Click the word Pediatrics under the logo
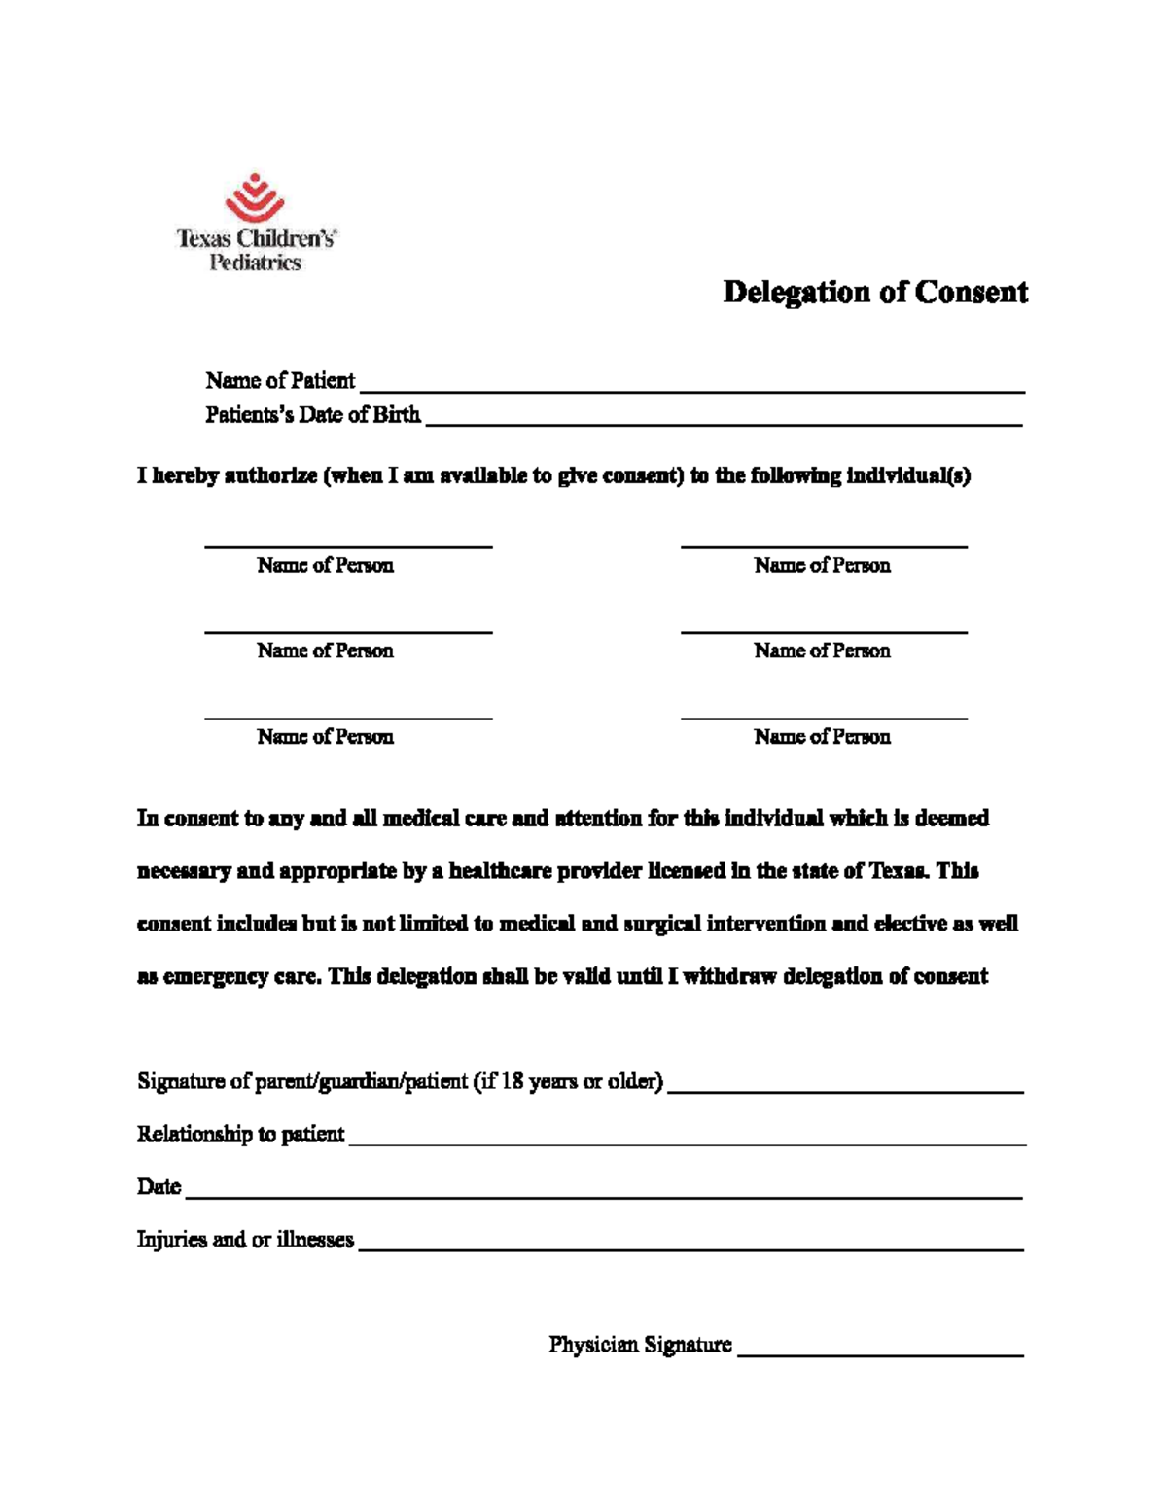tap(256, 263)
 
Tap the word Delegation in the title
tap(796, 293)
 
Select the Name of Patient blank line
tap(691, 390)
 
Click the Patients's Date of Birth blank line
tap(724, 424)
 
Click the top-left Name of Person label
tap(325, 566)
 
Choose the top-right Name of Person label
tap(822, 566)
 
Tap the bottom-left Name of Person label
tap(325, 737)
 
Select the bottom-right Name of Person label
tap(822, 737)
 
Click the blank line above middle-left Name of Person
tap(348, 632)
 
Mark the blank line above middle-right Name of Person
tap(824, 632)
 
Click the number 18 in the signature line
tap(512, 1081)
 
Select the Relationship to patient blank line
tap(687, 1144)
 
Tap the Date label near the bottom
tap(159, 1187)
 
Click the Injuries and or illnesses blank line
tap(690, 1248)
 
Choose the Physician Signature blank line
tap(880, 1354)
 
